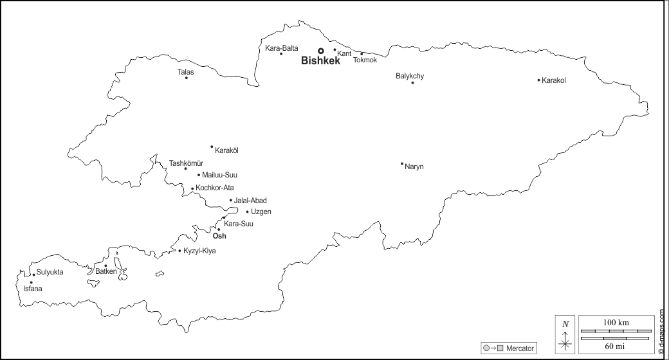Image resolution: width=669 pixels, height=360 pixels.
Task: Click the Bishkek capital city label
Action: (320, 61)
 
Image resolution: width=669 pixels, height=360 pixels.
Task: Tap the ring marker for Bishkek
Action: (321, 50)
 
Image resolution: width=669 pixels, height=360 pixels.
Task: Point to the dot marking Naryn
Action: (402, 163)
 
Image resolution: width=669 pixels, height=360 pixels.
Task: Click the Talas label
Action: (185, 72)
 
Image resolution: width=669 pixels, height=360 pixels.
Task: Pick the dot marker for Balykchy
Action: (412, 82)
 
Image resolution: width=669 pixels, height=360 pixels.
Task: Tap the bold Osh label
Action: (219, 237)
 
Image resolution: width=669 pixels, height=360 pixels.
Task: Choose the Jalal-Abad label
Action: (250, 201)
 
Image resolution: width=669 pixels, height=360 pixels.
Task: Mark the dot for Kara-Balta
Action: (281, 53)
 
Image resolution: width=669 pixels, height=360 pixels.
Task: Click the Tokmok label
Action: (365, 60)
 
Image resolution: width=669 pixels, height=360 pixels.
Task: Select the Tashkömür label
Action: (186, 163)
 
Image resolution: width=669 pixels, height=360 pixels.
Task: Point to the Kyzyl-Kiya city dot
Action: (179, 250)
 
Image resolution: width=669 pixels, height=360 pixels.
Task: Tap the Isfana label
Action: (32, 289)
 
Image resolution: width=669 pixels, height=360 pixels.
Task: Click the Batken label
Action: (106, 272)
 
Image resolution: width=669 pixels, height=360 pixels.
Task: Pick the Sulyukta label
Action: (50, 273)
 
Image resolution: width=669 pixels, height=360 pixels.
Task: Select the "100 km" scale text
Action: (616, 322)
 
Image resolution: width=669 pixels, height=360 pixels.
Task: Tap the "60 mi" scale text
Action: (616, 346)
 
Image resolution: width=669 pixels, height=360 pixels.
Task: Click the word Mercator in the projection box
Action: (520, 348)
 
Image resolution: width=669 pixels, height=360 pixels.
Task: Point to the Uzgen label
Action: (261, 212)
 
